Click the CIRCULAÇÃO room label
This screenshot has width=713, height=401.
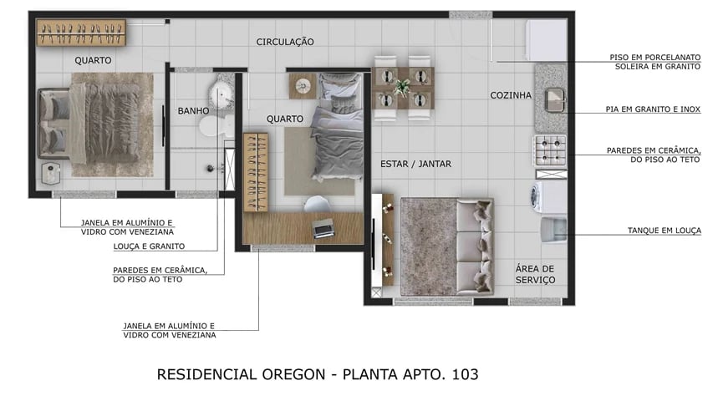pos(285,42)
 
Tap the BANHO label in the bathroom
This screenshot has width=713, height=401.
pos(193,110)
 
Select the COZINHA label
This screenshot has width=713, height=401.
pos(511,95)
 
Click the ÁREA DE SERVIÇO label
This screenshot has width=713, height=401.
pos(535,274)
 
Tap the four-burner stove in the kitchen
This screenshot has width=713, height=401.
pos(549,150)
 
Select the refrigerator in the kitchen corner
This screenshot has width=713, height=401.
pos(546,40)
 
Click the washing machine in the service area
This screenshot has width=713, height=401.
pos(547,195)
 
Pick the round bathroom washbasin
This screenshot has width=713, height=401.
pos(222,93)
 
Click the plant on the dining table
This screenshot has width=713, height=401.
pos(403,87)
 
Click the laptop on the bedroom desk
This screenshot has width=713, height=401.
pos(323,227)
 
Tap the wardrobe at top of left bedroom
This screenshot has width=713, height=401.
pos(81,33)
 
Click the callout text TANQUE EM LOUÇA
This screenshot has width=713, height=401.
pos(664,230)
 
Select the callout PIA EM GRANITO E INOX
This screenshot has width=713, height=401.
pos(653,109)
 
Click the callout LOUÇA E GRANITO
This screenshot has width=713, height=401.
pos(149,246)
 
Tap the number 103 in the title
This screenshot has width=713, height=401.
pos(465,373)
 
